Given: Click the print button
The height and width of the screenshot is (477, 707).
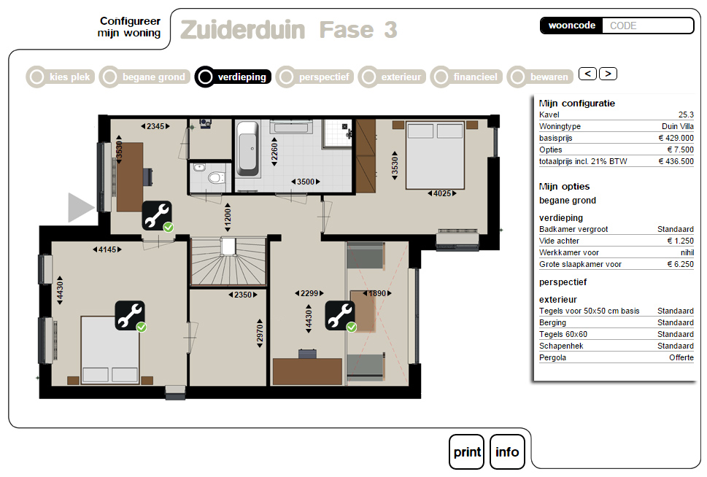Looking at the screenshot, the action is [x=466, y=451].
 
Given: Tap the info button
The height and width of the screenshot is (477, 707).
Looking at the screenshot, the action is [x=507, y=451].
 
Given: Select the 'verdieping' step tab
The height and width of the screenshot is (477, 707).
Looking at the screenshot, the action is [x=233, y=77].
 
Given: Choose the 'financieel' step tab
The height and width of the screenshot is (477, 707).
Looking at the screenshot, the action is [x=466, y=77].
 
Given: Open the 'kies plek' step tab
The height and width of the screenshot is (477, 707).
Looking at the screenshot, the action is [x=61, y=77].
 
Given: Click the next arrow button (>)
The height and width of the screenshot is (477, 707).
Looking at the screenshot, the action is [x=608, y=74].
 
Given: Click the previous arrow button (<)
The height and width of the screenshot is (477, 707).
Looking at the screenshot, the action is [x=587, y=74].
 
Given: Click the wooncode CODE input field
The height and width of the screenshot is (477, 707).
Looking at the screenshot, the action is [x=647, y=26].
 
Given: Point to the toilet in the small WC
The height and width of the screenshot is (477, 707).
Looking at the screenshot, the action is [x=216, y=178].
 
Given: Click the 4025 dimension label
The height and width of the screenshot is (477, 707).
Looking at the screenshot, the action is [x=442, y=193].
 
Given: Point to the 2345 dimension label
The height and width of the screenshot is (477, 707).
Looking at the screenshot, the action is [x=155, y=126].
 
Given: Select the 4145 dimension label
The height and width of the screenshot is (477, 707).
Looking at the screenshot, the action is [x=107, y=249].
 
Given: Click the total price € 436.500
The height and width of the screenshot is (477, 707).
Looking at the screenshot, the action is [x=676, y=161].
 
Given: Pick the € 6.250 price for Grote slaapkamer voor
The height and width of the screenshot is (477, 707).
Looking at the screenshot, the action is [x=681, y=264].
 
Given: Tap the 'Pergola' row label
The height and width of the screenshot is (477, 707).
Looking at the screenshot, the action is [x=552, y=357].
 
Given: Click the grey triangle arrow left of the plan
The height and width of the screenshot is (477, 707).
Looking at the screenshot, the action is [x=81, y=207].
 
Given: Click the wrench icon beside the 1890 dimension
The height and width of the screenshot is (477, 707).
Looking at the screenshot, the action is [x=340, y=315].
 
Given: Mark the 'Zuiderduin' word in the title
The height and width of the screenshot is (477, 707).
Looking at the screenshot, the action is [x=243, y=30].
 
